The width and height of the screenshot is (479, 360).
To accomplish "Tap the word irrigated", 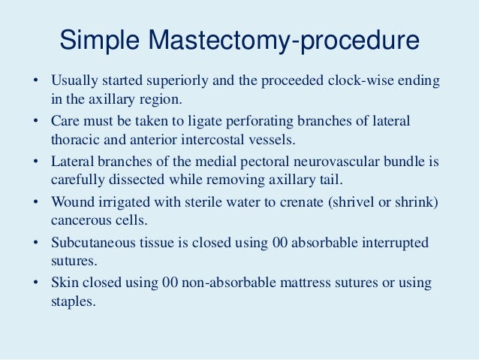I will (120, 202).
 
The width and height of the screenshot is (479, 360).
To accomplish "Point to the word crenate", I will (306, 202).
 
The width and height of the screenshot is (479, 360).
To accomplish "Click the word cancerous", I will (80, 221).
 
